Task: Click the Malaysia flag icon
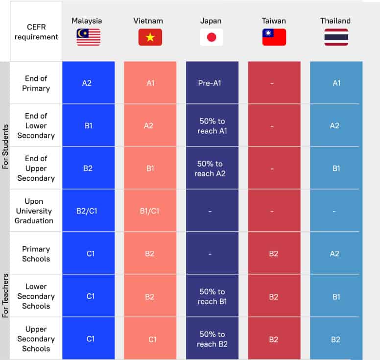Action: (x=88, y=37)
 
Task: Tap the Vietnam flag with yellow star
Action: (x=150, y=37)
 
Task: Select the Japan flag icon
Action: (x=212, y=37)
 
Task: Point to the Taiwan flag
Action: (x=274, y=37)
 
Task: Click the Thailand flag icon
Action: (x=336, y=37)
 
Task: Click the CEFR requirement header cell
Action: (x=36, y=32)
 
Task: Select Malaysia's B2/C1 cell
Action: (x=88, y=211)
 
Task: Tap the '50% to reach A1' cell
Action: (x=212, y=126)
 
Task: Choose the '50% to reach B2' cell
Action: (x=212, y=339)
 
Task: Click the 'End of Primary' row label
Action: (x=36, y=83)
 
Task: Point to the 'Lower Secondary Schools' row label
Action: (x=36, y=296)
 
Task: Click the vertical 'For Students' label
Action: (x=6, y=147)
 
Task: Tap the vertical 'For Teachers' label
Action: (x=6, y=297)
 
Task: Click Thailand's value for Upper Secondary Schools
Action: (x=336, y=339)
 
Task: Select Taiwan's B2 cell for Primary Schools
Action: (x=274, y=254)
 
